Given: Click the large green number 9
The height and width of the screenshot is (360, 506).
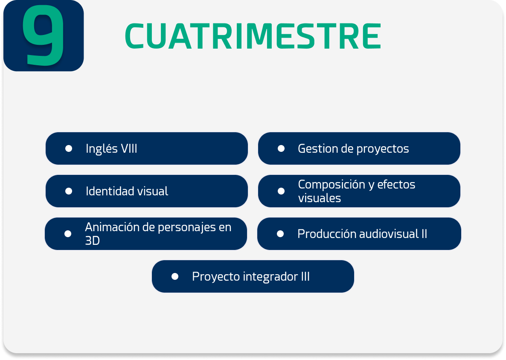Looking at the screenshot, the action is (43, 35).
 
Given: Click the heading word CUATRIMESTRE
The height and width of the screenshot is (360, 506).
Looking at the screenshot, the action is (253, 36).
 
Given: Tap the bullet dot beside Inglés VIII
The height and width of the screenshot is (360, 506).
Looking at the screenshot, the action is (68, 148).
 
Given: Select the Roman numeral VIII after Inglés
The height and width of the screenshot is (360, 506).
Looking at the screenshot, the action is (129, 148).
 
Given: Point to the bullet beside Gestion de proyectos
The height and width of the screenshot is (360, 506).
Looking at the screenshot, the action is (281, 148).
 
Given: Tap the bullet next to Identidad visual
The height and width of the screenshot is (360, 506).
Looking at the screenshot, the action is (68, 191).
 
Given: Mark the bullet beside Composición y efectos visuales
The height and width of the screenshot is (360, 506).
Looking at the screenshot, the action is (281, 191).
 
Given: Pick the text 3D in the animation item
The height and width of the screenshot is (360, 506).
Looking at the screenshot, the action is (92, 241).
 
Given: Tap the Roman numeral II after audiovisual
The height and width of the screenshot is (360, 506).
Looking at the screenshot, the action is (424, 234).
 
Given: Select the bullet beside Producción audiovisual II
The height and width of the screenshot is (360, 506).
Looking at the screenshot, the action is (280, 234).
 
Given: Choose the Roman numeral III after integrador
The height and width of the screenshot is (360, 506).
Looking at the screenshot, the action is (305, 276).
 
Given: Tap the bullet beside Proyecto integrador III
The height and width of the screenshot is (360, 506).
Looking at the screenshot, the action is (175, 276).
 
